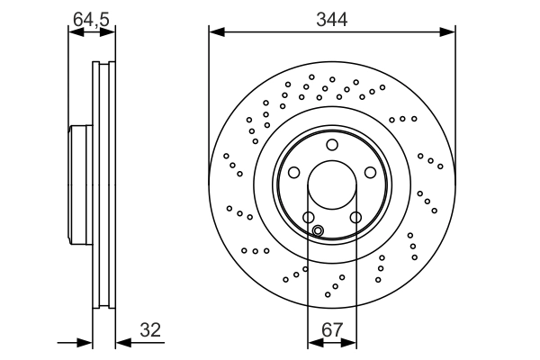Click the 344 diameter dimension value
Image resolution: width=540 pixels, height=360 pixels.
click(331, 17)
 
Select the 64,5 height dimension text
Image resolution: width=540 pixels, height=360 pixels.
click(91, 17)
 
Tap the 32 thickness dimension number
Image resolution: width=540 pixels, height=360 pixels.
click(151, 330)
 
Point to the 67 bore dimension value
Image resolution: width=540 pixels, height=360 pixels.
click(331, 330)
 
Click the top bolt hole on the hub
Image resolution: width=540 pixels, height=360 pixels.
click(331, 145)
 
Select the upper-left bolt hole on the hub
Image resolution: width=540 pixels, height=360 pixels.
click(293, 173)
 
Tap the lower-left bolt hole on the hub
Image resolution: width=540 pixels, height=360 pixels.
click(308, 217)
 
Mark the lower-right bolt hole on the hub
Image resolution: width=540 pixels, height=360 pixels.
click(355, 217)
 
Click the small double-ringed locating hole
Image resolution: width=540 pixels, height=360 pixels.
click(318, 229)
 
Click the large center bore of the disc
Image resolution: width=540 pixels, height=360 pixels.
click(331, 185)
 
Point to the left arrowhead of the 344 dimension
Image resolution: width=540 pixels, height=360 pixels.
click(214, 33)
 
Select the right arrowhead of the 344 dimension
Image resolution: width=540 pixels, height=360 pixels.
click(449, 33)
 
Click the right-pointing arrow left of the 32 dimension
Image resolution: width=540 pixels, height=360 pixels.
click(87, 343)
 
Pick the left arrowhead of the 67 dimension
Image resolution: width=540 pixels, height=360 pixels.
click(313, 343)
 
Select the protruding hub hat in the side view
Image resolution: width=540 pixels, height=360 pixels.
click(78, 185)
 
